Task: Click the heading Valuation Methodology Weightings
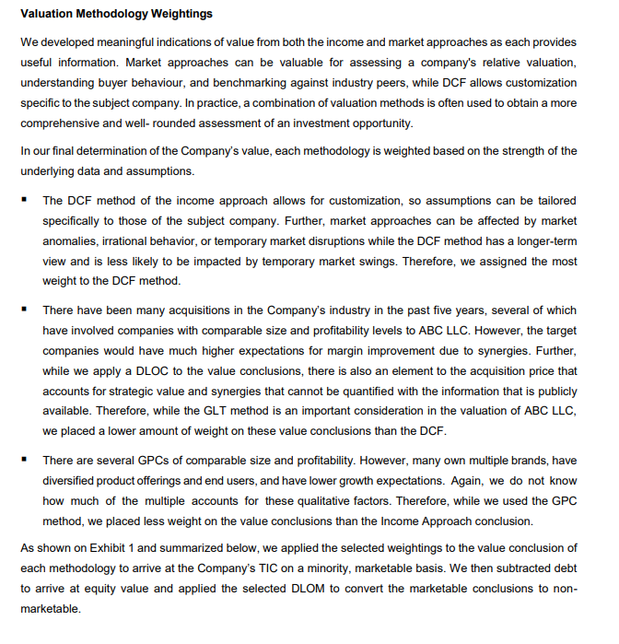point(116,14)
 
